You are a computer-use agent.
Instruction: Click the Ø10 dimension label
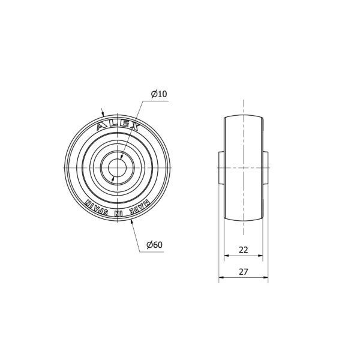159,94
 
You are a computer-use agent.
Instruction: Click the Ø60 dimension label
155,245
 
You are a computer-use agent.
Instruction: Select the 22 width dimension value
244,250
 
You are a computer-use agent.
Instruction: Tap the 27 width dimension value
244,272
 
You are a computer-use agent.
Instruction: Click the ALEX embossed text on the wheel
118,126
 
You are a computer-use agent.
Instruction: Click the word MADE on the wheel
139,208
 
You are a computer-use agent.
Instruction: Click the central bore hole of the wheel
117,168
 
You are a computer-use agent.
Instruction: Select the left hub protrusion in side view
221,167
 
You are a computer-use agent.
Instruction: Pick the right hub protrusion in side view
265,167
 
